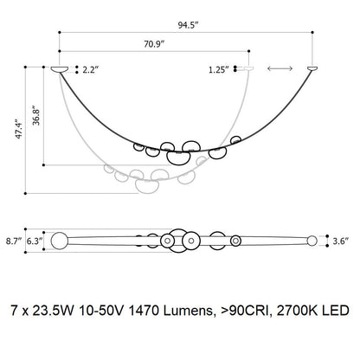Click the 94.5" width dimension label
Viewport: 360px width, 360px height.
[189, 25]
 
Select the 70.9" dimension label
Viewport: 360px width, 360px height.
[154, 44]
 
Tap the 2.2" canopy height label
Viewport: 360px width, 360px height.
[91, 69]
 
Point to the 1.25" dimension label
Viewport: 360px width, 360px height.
[219, 70]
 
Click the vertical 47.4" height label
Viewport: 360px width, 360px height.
[19, 128]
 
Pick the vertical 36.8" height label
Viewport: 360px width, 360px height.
[36, 116]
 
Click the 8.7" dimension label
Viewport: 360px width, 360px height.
[14, 241]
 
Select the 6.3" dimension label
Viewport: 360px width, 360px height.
[35, 241]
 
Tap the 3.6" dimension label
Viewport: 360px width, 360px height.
[341, 241]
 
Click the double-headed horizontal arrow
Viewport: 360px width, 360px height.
[280, 68]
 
